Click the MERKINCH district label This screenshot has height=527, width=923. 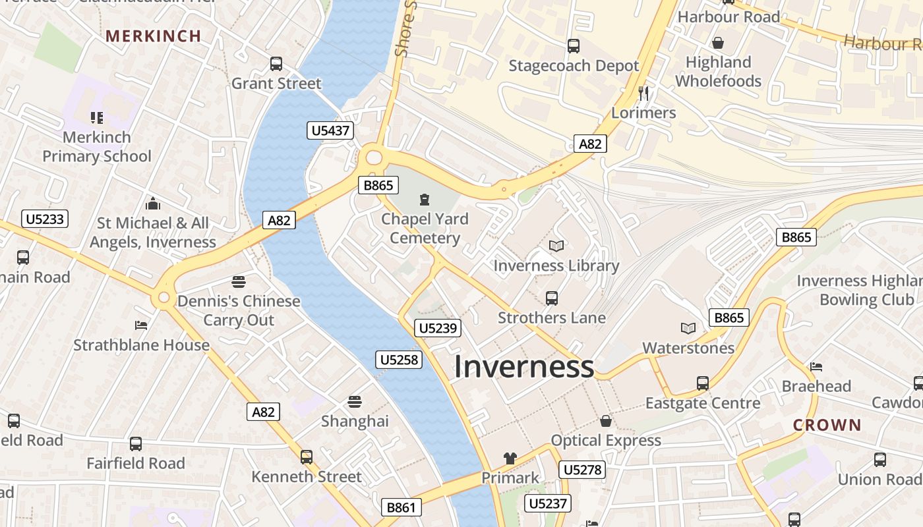(x=153, y=36)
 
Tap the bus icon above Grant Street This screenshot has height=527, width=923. (x=276, y=64)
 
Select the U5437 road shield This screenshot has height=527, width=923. (x=330, y=130)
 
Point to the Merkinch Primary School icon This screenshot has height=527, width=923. (x=97, y=118)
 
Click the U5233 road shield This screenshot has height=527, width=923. (x=45, y=219)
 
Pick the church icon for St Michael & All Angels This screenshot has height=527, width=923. (x=153, y=204)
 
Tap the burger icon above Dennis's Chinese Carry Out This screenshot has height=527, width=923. (x=239, y=282)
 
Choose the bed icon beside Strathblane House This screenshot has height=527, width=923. (x=141, y=325)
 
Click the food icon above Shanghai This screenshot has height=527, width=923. (x=355, y=402)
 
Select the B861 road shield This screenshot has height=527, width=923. (x=401, y=507)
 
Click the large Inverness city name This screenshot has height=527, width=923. (x=524, y=367)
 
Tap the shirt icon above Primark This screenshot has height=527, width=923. (x=510, y=458)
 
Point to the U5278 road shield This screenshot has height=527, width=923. (x=581, y=470)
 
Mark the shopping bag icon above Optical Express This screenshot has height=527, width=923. (x=606, y=421)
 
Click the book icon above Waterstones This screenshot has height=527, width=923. (x=688, y=328)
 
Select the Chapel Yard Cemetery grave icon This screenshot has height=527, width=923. (x=425, y=199)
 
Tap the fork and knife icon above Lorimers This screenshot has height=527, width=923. (x=643, y=94)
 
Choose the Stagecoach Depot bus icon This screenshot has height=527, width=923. (x=574, y=46)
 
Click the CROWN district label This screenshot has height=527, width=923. (x=827, y=425)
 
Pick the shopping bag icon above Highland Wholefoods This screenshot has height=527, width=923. (x=718, y=43)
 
